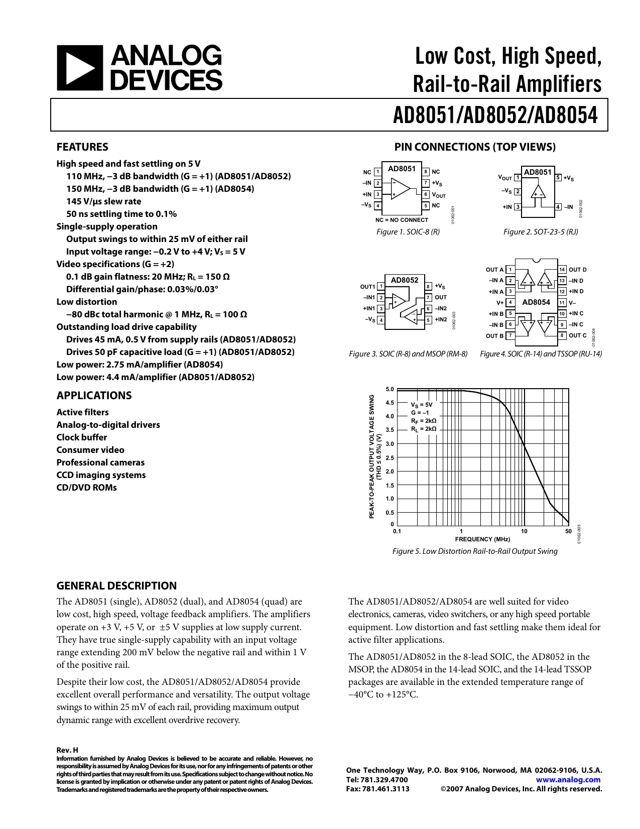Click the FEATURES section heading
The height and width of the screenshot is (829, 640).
pyautogui.click(x=82, y=147)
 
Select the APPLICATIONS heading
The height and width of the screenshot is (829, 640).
pyautogui.click(x=94, y=396)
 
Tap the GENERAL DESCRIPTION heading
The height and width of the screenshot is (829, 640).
pyautogui.click(x=116, y=586)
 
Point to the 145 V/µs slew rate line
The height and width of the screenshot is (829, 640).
pyautogui.click(x=104, y=201)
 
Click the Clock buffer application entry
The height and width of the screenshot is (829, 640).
pyautogui.click(x=82, y=437)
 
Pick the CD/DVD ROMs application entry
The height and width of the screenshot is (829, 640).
pyautogui.click(x=86, y=488)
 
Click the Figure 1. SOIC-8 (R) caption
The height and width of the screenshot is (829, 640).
pyautogui.click(x=408, y=232)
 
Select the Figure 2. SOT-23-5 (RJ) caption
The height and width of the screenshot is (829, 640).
pyautogui.click(x=541, y=232)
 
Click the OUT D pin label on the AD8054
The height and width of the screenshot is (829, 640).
pyautogui.click(x=577, y=270)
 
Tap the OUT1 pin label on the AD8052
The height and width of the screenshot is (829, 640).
pyautogui.click(x=367, y=287)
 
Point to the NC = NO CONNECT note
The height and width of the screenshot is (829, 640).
pyautogui.click(x=402, y=220)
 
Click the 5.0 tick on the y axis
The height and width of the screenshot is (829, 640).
pyautogui.click(x=390, y=390)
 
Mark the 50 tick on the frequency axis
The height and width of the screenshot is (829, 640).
pyautogui.click(x=568, y=531)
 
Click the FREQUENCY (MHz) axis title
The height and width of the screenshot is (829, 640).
pyautogui.click(x=482, y=539)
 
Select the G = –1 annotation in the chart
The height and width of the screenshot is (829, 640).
pyautogui.click(x=420, y=413)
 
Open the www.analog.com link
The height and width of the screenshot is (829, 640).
pyautogui.click(x=568, y=780)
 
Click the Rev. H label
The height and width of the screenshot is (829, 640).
pyautogui.click(x=67, y=750)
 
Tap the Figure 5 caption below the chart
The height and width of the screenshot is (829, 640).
pyautogui.click(x=475, y=551)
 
